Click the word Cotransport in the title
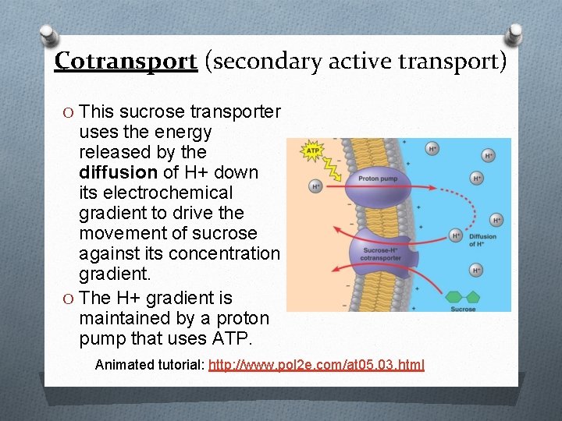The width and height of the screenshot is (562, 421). (126, 61)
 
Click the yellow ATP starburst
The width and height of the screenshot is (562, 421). (312, 151)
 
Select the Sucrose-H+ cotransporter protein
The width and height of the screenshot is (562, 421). (381, 252)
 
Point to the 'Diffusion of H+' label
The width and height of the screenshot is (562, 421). (482, 240)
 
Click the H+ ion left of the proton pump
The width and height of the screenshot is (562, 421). (316, 187)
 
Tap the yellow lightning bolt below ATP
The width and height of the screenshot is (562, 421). (326, 168)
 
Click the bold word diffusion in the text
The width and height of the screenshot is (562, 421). (118, 172)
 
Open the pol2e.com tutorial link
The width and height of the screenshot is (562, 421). (316, 364)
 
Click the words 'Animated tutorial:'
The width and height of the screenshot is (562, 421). (150, 364)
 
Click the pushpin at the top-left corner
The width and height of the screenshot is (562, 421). (48, 36)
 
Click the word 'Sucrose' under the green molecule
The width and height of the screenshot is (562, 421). (463, 310)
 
